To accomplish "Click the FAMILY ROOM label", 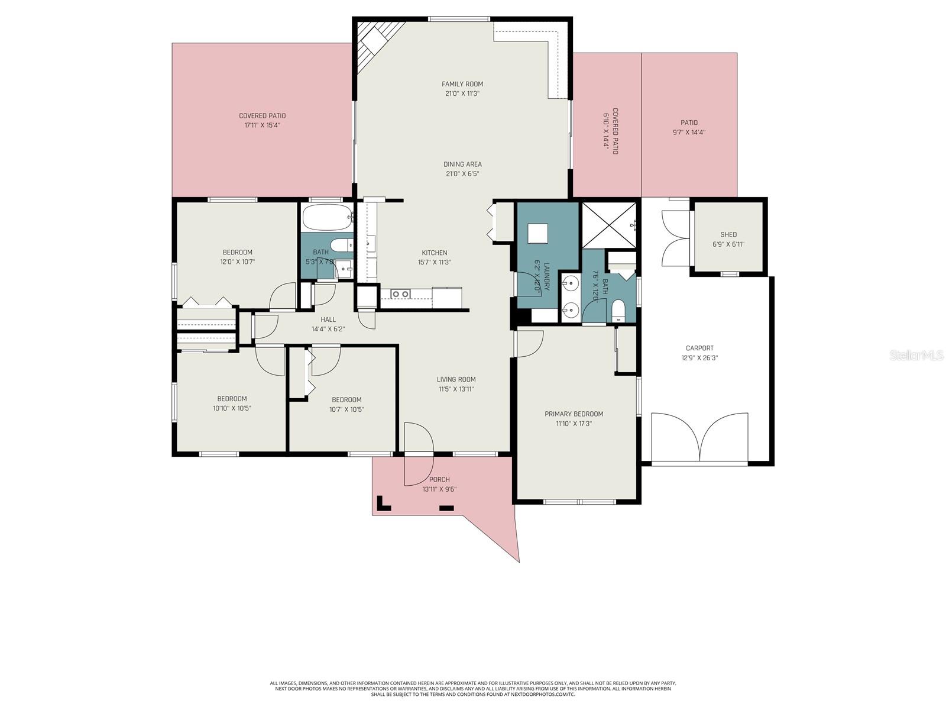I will (462, 84).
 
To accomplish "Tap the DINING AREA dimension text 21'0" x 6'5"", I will (462, 174).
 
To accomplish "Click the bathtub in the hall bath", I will (326, 218).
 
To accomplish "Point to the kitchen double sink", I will (400, 293).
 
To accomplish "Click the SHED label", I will (728, 235).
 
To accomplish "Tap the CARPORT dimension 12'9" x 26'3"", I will (699, 358).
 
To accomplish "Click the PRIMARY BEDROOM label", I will (574, 414).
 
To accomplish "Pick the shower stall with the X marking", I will (609, 225).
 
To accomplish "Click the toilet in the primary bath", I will (618, 310).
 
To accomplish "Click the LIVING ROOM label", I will (456, 380).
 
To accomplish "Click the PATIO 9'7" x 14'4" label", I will (689, 123).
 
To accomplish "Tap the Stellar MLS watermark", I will (916, 355).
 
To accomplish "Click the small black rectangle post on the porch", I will (446, 508).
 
